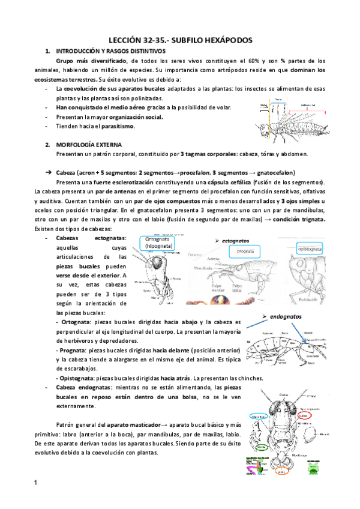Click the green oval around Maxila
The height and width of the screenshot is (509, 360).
click(261, 447)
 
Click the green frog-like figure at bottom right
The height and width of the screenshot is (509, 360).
click(314, 468)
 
